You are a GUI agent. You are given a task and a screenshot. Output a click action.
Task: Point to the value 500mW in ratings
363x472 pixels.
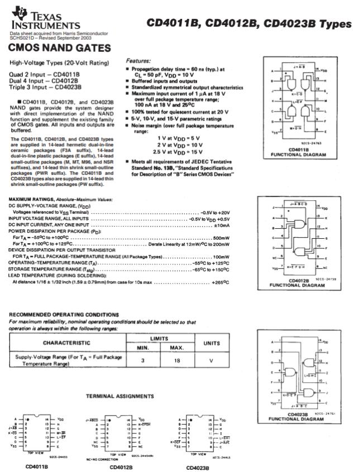pos(219,238)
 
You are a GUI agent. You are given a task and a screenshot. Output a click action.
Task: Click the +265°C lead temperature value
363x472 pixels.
pos(221,282)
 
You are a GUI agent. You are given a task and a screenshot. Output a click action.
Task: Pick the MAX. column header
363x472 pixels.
pos(173,348)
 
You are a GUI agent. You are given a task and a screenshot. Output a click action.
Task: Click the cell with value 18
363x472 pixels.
pos(173,360)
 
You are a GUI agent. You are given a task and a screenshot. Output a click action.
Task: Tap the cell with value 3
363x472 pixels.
pos(142,360)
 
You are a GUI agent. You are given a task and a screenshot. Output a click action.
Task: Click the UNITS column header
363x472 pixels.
pos(211,343)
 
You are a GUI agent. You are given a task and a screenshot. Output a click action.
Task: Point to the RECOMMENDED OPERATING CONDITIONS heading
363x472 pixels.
pos(64,314)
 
